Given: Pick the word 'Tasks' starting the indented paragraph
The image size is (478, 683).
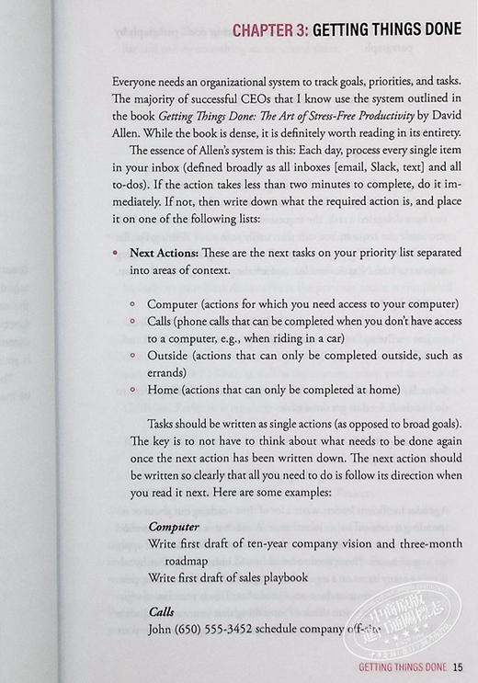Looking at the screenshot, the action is [x=162, y=427].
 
